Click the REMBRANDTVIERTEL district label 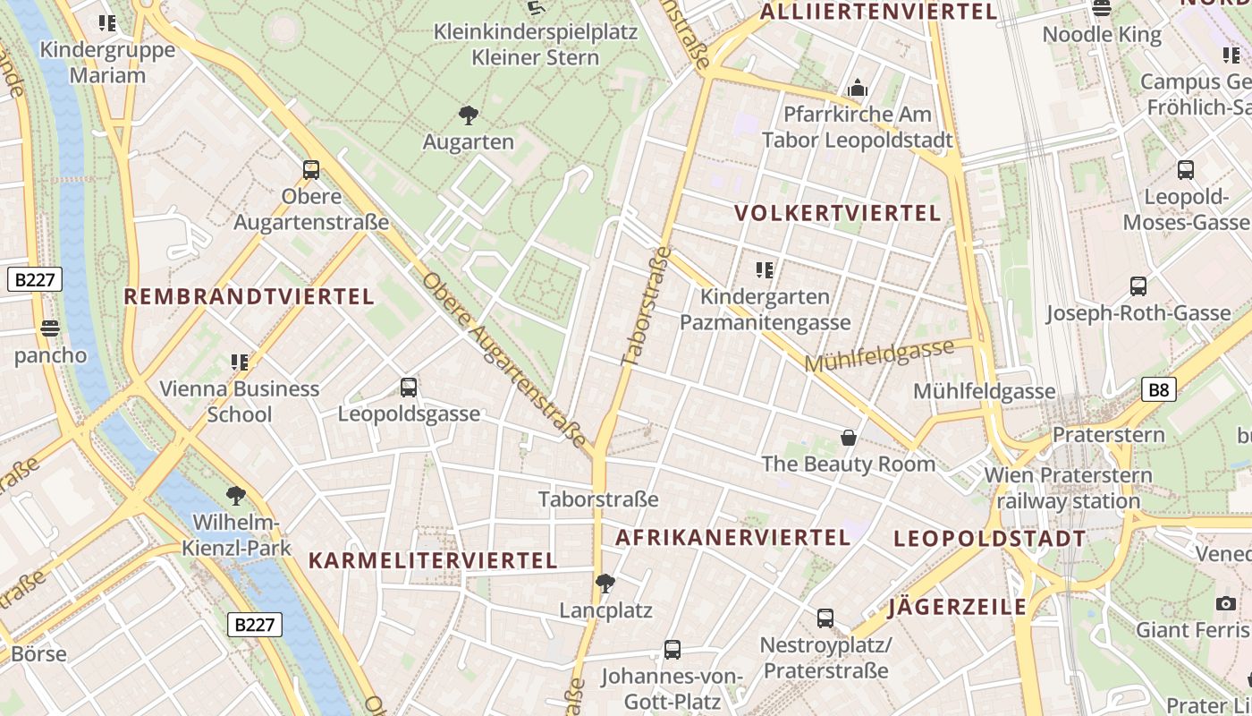(249, 297)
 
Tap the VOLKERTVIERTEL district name (837, 213)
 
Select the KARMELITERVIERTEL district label (433, 561)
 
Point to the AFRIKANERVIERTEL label (732, 537)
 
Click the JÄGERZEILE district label (957, 608)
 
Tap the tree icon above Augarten (468, 115)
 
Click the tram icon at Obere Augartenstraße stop (311, 169)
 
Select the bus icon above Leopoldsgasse (409, 388)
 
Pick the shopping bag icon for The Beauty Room (848, 438)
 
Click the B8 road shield (1158, 389)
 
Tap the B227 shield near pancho (35, 279)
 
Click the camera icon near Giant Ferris (1226, 603)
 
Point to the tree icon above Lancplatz (605, 584)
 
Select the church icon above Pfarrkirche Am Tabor (858, 89)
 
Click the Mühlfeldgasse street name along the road (879, 355)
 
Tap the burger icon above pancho (49, 328)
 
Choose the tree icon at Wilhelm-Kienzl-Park (236, 495)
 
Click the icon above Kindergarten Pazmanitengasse (765, 269)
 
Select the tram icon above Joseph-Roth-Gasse (1138, 286)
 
